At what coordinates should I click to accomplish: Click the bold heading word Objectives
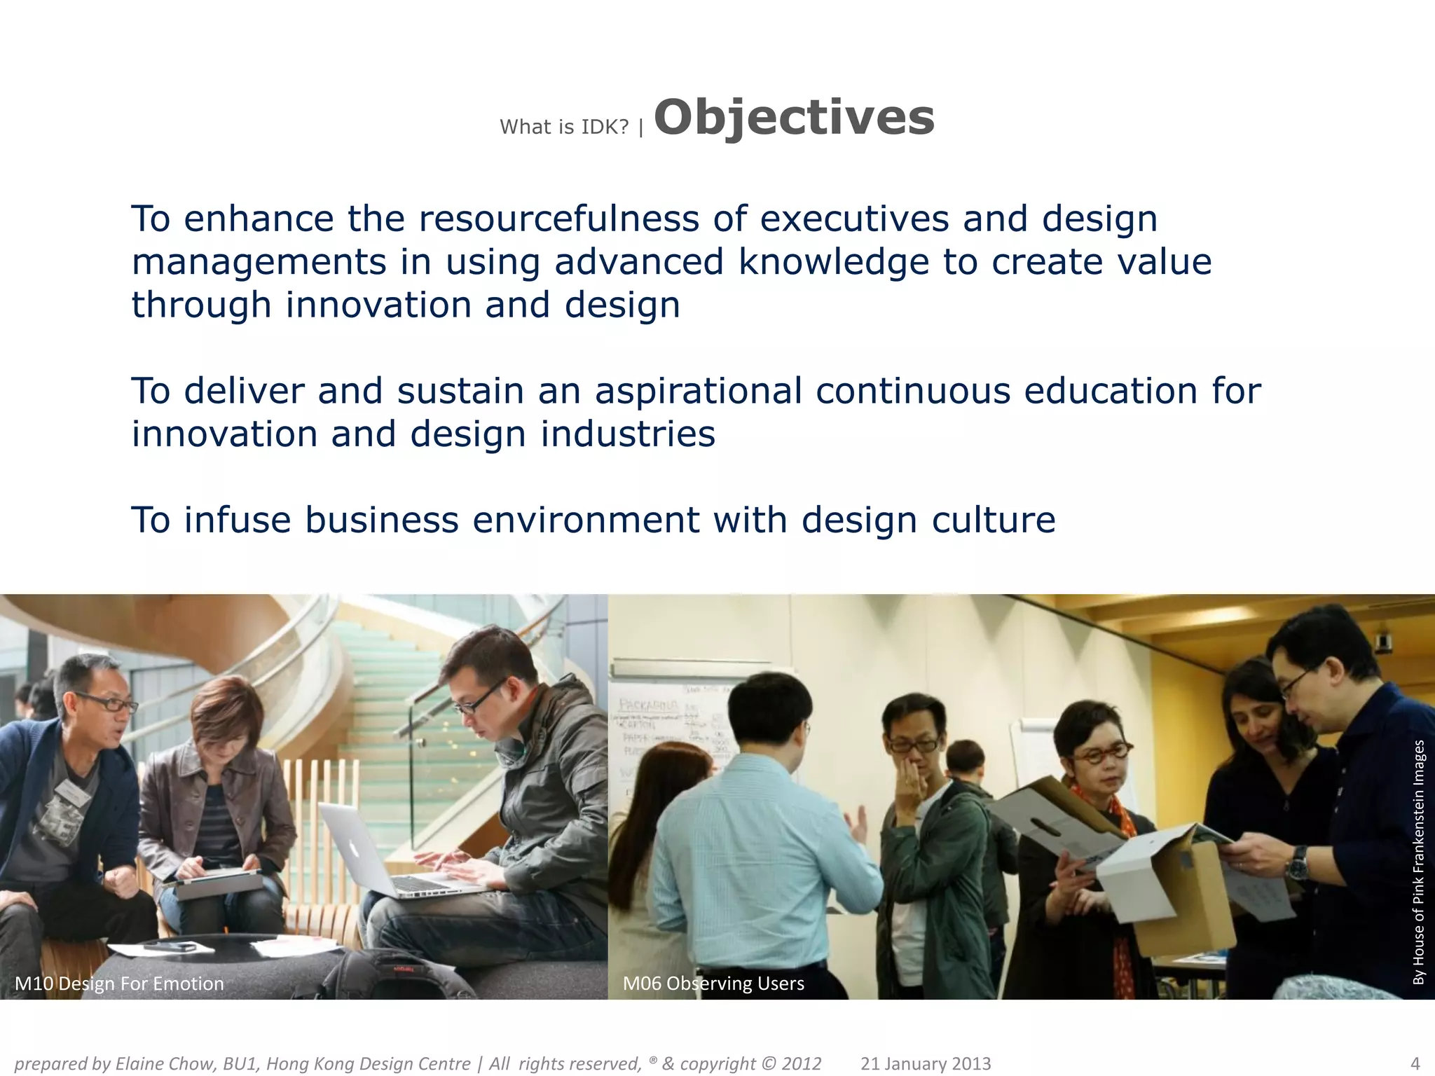793,118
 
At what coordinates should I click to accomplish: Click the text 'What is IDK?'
564,127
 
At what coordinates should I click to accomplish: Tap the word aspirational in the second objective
698,391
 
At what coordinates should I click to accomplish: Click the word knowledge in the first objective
833,263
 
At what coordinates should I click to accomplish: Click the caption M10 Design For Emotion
119,984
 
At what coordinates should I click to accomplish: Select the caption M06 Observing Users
713,984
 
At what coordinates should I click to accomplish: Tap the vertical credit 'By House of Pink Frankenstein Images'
1419,862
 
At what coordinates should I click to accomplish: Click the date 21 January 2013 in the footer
925,1064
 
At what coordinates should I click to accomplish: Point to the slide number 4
1414,1063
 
